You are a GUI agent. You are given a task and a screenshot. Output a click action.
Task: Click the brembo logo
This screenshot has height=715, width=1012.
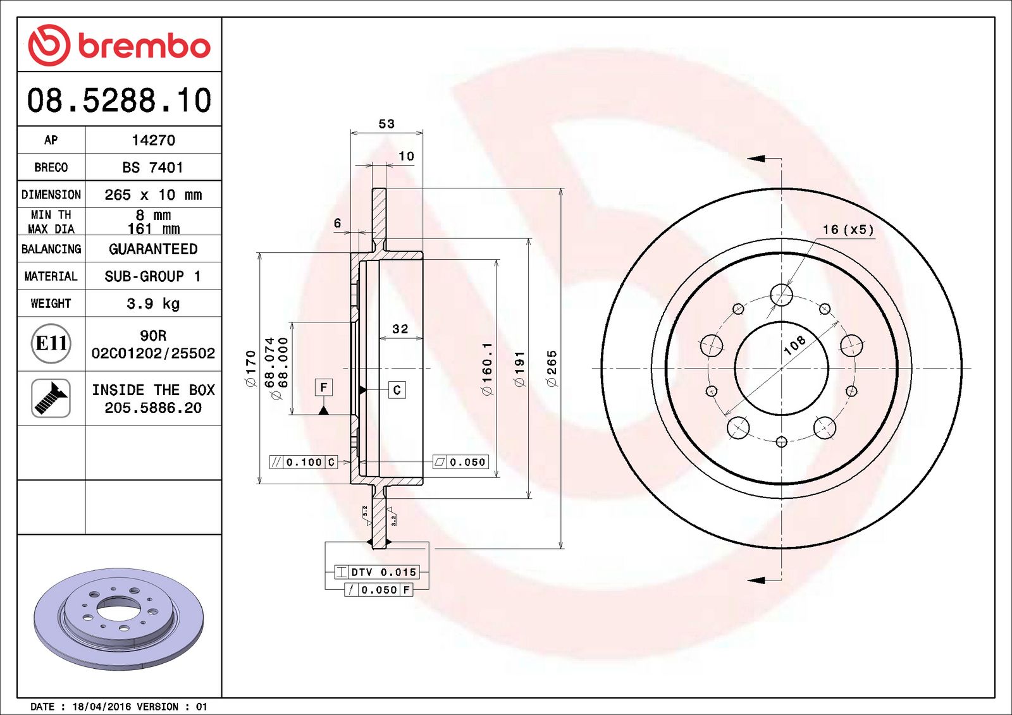pos(119,45)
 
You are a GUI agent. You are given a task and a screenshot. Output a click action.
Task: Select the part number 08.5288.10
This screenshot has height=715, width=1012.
pos(119,101)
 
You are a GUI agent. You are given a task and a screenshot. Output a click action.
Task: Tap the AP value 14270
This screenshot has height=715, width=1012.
pos(153,140)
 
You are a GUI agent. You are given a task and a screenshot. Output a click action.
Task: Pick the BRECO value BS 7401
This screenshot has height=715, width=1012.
pos(153,168)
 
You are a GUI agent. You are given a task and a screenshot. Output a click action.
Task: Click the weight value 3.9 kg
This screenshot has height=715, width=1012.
pos(153,303)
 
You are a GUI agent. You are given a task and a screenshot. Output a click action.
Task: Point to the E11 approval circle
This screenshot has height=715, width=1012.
pos(51,343)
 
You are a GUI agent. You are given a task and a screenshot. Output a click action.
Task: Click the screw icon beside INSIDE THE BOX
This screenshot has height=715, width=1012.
pos(51,398)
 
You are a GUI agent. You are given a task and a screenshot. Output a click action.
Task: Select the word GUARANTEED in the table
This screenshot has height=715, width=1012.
pos(153,249)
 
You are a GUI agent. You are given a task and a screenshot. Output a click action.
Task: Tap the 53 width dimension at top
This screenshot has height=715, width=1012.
pos(386,124)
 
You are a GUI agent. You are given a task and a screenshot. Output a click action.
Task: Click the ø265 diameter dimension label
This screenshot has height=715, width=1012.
pos(552,369)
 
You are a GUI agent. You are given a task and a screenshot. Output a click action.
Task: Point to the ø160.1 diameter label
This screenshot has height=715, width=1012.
pos(486,369)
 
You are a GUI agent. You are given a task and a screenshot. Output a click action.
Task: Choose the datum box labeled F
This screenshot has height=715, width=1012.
pos(323,387)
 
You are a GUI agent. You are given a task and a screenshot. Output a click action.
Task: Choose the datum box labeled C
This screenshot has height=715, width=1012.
pos(397,390)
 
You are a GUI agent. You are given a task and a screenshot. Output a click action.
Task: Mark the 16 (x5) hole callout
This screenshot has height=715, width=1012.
pos(848,229)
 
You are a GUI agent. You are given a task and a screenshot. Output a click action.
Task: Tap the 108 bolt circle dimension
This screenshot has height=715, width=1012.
pos(794,345)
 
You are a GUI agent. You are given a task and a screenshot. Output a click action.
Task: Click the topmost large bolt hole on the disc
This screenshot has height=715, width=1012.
pos(782,295)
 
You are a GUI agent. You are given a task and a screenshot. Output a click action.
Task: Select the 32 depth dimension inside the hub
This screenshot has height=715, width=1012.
pos(400,329)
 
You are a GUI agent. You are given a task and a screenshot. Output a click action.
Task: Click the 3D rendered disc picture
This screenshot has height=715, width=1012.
pos(119,618)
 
